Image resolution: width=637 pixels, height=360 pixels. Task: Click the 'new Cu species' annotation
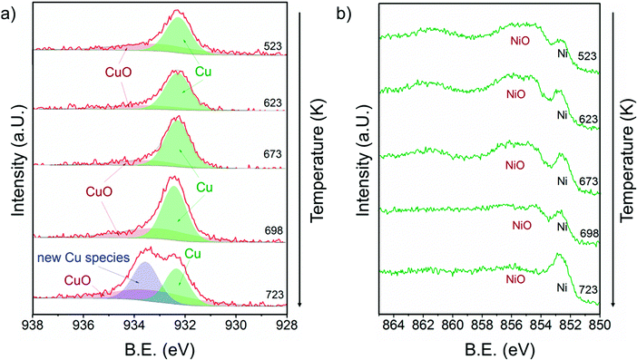point(87,258)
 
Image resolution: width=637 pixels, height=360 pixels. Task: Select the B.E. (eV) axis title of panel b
point(495,347)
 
